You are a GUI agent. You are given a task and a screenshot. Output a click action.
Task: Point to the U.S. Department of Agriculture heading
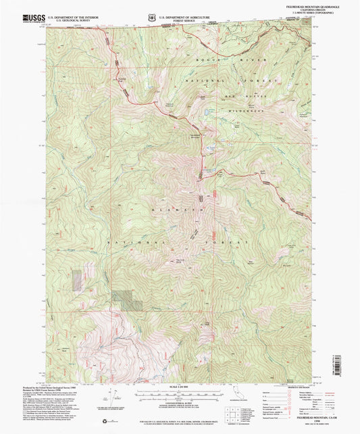click(186, 14)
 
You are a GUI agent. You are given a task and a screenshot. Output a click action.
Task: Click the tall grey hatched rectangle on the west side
click(76, 281)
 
